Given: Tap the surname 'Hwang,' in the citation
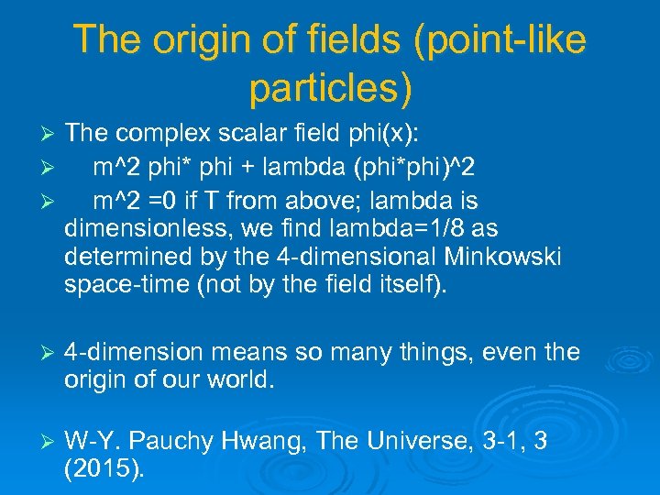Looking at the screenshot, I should [266, 441].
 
